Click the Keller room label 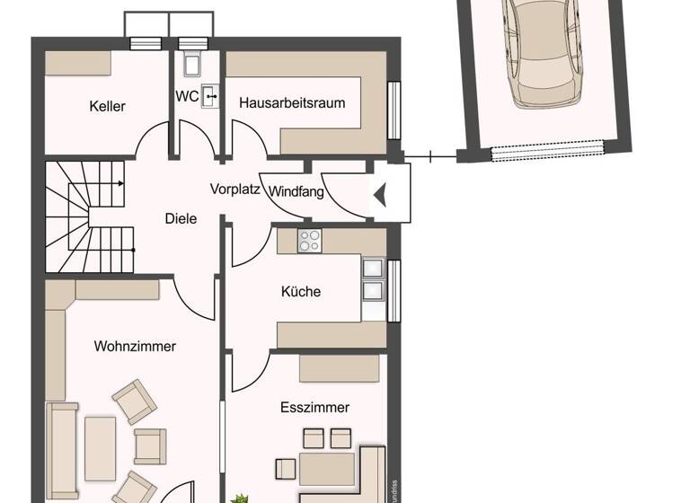[x=108, y=106]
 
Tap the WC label [x=187, y=96]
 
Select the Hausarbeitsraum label [x=292, y=103]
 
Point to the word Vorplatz [x=235, y=190]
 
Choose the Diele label [x=181, y=218]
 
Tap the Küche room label [x=300, y=291]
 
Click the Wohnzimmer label [x=135, y=346]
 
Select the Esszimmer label [x=314, y=407]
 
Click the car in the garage [x=545, y=51]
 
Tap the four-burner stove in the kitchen [x=310, y=241]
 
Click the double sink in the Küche [x=372, y=278]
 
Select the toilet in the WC [x=192, y=63]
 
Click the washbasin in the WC [x=210, y=94]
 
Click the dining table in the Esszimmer [x=327, y=467]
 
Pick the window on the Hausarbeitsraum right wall [x=393, y=110]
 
